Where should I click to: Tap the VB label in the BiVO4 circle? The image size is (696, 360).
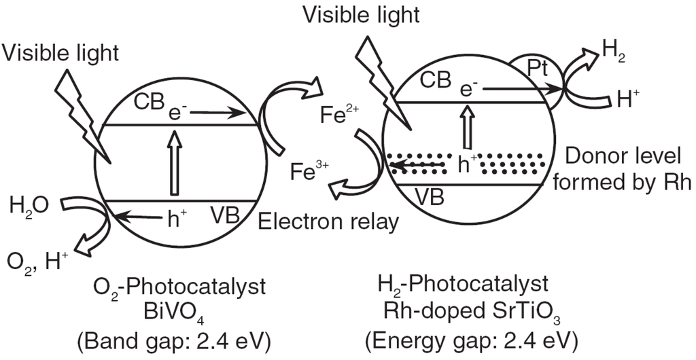click(224, 215)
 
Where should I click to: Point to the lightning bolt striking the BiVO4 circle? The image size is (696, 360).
click(80, 112)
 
